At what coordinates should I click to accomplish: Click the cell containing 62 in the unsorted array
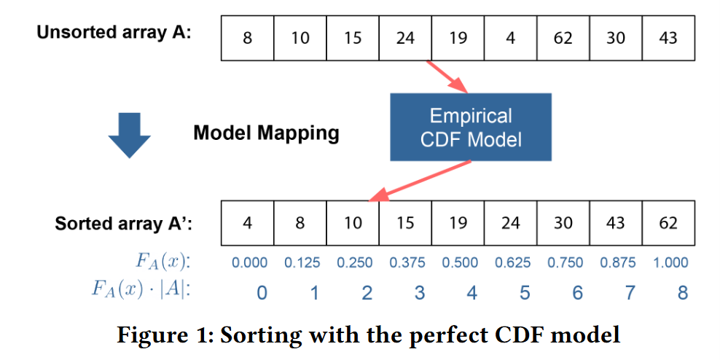563,38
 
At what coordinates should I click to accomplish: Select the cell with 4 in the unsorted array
510,38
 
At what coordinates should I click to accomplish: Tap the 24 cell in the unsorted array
405,38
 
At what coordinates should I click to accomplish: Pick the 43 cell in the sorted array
615,223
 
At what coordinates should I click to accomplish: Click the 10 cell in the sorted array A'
353,223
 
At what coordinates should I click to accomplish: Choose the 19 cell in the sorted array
458,223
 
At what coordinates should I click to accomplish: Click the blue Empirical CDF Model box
471,128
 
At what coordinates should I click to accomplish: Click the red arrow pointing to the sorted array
420,181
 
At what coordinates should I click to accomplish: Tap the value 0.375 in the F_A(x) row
407,262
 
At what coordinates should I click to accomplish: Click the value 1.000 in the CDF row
670,262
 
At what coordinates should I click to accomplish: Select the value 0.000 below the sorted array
249,262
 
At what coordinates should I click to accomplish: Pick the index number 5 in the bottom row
525,292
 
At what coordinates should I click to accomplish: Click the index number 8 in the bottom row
682,292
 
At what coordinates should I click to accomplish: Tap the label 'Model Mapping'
266,133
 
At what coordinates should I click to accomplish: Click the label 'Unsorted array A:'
114,33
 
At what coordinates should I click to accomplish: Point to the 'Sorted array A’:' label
123,224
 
